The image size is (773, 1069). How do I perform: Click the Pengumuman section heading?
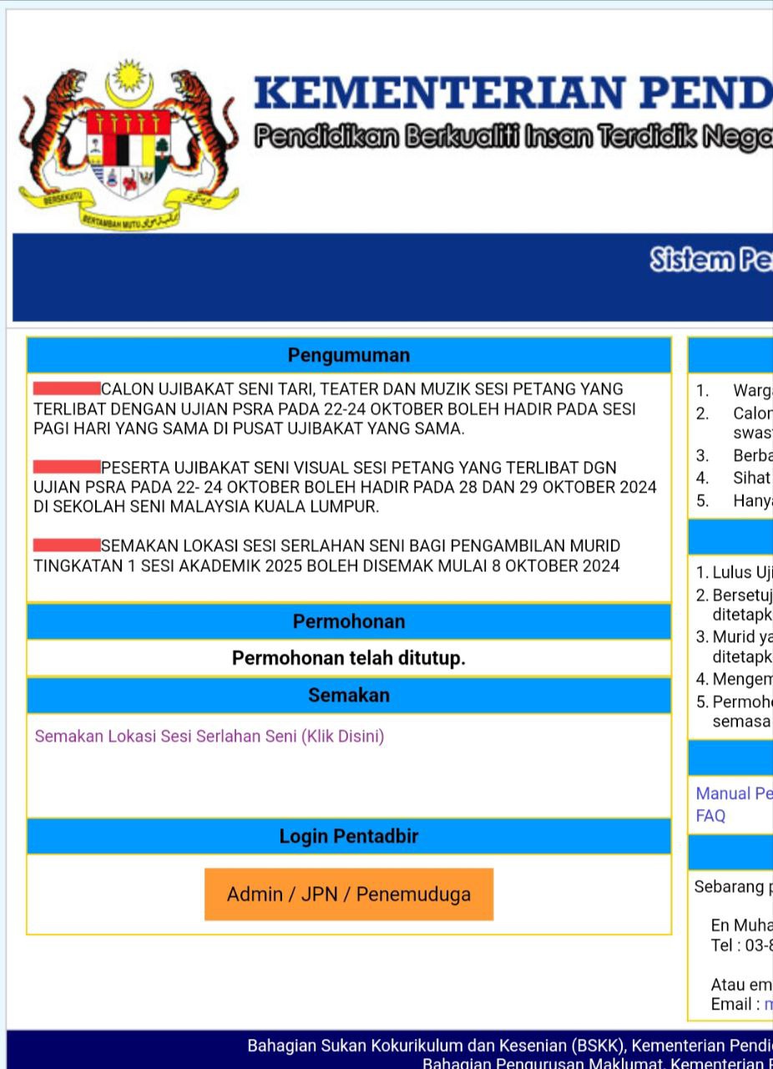click(349, 355)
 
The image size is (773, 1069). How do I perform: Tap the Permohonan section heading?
click(349, 621)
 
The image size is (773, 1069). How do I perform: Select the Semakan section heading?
click(349, 695)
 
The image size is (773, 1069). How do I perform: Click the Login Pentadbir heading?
click(349, 836)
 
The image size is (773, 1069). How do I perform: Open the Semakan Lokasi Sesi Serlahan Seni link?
click(210, 737)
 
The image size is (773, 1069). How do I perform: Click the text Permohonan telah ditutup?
click(349, 658)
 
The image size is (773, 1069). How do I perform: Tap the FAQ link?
click(710, 816)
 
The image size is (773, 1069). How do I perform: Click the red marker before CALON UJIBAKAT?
click(67, 388)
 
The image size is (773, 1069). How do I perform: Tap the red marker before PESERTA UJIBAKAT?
click(67, 466)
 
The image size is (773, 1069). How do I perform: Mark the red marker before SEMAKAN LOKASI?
click(67, 545)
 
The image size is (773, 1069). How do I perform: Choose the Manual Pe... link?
click(734, 793)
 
